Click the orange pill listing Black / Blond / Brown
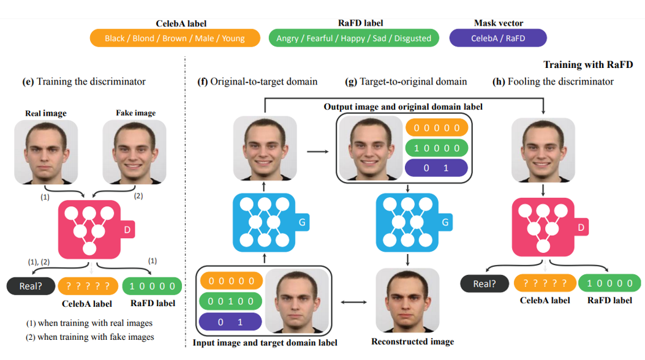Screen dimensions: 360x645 (175, 38)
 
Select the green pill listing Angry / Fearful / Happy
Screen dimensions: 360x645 (353, 38)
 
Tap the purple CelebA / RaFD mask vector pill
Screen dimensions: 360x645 (497, 38)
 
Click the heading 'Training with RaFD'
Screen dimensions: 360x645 (587, 64)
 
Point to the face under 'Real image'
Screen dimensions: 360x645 (45, 151)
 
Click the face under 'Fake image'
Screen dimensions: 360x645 (134, 151)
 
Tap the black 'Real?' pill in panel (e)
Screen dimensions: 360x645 (30, 285)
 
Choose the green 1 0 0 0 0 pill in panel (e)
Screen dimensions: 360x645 (152, 285)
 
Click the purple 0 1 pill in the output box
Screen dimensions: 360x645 (437, 168)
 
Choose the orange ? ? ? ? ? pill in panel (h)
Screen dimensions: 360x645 (545, 283)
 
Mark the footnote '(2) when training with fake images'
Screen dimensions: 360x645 (89, 337)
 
